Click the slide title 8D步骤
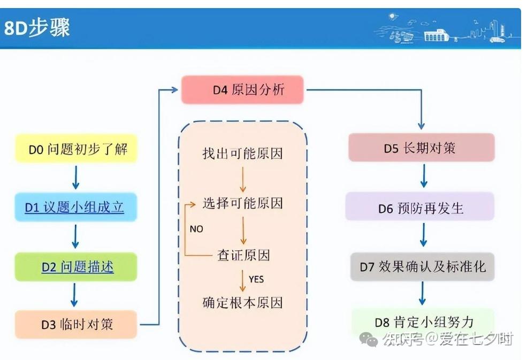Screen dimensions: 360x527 tap(37, 28)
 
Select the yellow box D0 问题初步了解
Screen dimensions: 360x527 tap(76, 149)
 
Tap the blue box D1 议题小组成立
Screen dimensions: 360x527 tap(75, 206)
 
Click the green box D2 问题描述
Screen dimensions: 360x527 tap(76, 266)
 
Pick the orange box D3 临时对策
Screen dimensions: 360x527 tap(76, 324)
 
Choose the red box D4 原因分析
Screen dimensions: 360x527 tap(242, 90)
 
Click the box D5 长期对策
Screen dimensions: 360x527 tap(421, 148)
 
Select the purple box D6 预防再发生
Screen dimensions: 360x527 tap(420, 208)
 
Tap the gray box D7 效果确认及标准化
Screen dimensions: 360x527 tap(422, 266)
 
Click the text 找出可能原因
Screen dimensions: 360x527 tap(242, 154)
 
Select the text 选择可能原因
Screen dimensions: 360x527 tap(242, 203)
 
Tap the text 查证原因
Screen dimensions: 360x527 tap(243, 255)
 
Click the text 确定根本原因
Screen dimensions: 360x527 tap(242, 303)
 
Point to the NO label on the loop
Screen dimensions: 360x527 tap(196, 229)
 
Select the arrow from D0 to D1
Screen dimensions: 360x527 tap(75, 177)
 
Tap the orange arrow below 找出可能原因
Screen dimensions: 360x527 tap(243, 179)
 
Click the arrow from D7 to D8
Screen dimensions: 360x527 tap(423, 293)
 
